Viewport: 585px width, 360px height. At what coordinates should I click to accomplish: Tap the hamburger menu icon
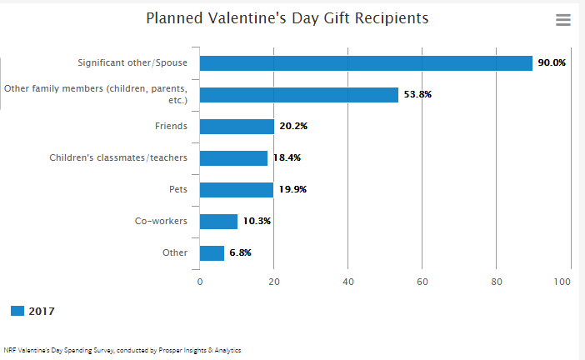[563, 20]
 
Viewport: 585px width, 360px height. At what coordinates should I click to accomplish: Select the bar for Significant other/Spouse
[366, 63]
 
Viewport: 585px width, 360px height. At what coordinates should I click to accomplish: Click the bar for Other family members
[298, 95]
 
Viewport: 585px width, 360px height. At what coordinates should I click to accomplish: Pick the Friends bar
[237, 127]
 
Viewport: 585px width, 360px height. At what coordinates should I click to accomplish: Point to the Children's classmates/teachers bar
[233, 158]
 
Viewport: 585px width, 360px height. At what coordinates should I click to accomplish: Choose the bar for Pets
[236, 190]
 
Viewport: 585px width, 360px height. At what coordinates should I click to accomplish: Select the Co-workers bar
[218, 221]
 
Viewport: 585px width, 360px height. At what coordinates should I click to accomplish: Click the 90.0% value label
[552, 63]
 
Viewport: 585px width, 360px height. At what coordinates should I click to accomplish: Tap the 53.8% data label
[417, 95]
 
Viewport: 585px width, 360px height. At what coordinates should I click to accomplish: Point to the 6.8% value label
[241, 252]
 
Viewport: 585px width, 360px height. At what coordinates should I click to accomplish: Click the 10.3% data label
[257, 221]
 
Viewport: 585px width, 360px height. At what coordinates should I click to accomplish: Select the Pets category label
[177, 190]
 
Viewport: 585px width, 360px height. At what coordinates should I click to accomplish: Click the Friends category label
[171, 127]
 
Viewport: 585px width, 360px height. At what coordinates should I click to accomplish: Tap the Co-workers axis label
[161, 221]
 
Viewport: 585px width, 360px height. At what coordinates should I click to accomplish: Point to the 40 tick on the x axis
[348, 282]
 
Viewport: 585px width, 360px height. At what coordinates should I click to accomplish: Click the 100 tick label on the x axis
[562, 282]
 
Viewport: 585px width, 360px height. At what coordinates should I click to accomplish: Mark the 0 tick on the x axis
[200, 282]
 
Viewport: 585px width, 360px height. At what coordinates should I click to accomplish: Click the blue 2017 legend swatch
[17, 311]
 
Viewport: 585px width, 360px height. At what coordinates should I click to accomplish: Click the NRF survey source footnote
[122, 350]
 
